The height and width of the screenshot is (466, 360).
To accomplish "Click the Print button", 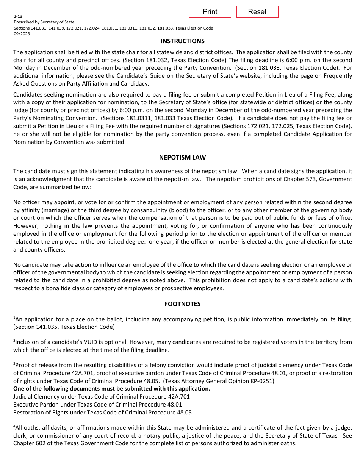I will pyautogui.click(x=210, y=12).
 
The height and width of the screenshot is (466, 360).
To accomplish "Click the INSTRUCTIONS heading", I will pyautogui.click(x=182, y=41).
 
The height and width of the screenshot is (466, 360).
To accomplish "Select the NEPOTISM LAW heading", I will pyautogui.click(x=182, y=157).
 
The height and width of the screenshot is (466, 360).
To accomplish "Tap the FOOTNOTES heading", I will pyautogui.click(x=182, y=304).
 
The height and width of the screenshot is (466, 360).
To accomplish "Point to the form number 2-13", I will pyautogui.click(x=18, y=17).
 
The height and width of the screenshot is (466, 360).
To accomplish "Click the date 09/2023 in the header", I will pyautogui.click(x=22, y=34).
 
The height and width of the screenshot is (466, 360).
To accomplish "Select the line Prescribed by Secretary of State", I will pyautogui.click(x=44, y=22).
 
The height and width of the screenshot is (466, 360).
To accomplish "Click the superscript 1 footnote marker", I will pyautogui.click(x=14, y=317).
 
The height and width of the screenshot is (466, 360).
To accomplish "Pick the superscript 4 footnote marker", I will pyautogui.click(x=14, y=426).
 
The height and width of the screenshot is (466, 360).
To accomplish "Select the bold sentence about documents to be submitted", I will pyautogui.click(x=111, y=389).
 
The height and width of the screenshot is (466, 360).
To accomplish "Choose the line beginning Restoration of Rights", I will pyautogui.click(x=102, y=413).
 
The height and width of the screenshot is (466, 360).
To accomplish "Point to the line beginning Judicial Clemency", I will pyautogui.click(x=101, y=397).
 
